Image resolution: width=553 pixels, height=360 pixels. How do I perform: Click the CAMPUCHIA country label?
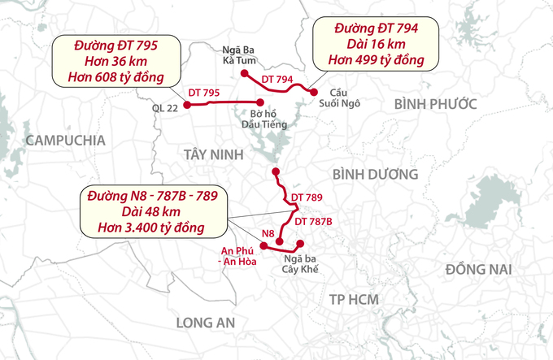point(66,141)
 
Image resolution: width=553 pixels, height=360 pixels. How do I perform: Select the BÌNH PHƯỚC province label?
point(434,102)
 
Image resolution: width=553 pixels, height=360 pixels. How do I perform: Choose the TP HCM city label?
point(354,300)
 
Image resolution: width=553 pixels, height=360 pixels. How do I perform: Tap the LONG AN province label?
point(206,323)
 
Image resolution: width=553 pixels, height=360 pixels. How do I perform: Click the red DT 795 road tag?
point(203,94)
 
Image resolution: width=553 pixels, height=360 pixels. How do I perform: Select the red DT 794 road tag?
point(277,79)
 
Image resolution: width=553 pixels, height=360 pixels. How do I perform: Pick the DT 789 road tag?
point(307,197)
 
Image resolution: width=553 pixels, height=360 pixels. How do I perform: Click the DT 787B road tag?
point(313,220)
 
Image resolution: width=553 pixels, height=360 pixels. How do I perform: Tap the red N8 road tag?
point(268,234)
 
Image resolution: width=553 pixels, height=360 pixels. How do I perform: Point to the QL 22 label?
point(164,106)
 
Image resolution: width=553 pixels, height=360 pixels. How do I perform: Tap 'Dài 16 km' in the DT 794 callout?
point(377,44)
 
